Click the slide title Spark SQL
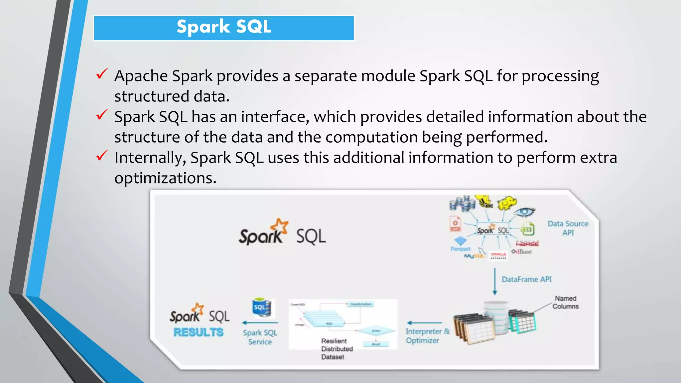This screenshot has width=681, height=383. [224, 27]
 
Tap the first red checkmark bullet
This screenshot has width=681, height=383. [102, 74]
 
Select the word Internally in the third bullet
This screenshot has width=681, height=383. [150, 158]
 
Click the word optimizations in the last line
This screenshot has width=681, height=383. [165, 178]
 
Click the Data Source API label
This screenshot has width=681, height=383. [568, 228]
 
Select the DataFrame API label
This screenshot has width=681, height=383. [526, 279]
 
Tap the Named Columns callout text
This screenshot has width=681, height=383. [565, 302]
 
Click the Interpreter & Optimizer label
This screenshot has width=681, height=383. [427, 336]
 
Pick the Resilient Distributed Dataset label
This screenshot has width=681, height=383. [337, 349]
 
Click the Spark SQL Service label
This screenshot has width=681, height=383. [260, 337]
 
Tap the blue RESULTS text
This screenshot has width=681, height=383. [198, 332]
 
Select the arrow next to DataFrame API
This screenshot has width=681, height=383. [495, 281]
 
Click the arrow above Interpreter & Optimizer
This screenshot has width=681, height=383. [424, 322]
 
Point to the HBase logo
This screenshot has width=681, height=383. [527, 244]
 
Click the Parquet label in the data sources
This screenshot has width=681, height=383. [461, 249]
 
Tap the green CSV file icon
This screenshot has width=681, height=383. [528, 229]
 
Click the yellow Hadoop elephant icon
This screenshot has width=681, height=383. [506, 203]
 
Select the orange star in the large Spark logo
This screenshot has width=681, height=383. [280, 226]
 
